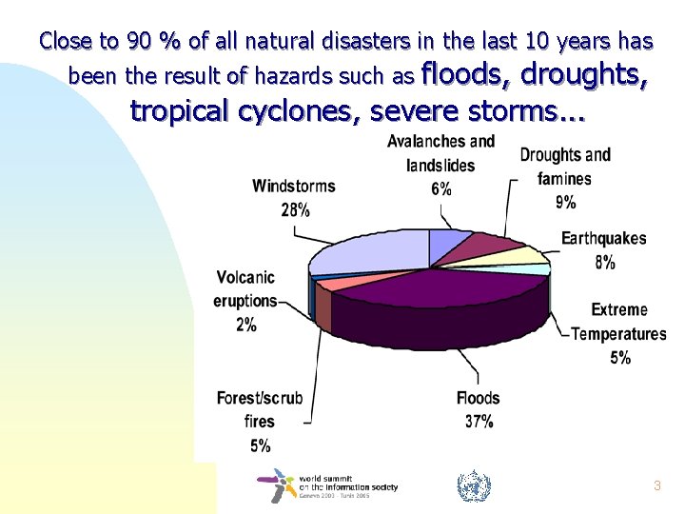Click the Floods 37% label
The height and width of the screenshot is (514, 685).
(x=478, y=409)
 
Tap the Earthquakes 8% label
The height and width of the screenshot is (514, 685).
(x=603, y=250)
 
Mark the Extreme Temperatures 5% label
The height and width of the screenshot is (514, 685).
(x=618, y=334)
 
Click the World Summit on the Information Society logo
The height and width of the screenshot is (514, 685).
(x=327, y=485)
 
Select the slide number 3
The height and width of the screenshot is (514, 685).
(x=656, y=485)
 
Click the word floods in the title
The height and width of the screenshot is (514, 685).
(x=463, y=73)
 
